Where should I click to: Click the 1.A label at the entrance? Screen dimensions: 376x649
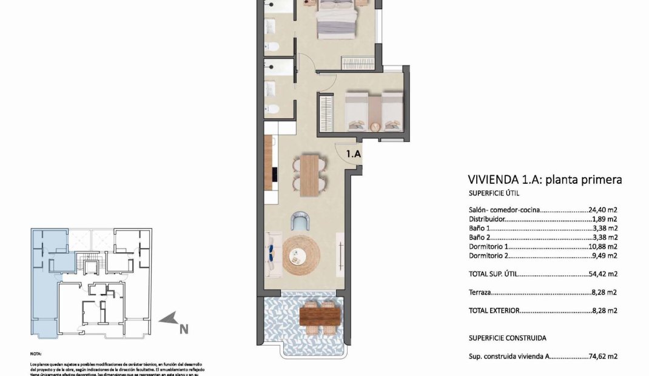tap(354, 154)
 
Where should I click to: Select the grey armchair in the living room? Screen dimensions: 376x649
tap(300, 221)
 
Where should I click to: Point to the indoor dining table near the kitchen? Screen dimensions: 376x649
tap(309, 175)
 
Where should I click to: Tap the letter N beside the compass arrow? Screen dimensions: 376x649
tap(183, 329)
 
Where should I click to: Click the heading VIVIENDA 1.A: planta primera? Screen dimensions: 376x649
tap(545, 180)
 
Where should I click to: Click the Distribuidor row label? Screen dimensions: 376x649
tap(487, 219)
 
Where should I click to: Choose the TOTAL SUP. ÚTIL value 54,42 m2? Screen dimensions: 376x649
tap(603, 274)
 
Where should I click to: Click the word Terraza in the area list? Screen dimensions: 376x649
tap(480, 292)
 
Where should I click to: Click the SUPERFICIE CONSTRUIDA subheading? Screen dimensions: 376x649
tap(507, 338)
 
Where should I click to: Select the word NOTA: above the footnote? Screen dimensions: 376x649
tap(36, 352)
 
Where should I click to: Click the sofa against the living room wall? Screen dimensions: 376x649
tap(271, 253)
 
